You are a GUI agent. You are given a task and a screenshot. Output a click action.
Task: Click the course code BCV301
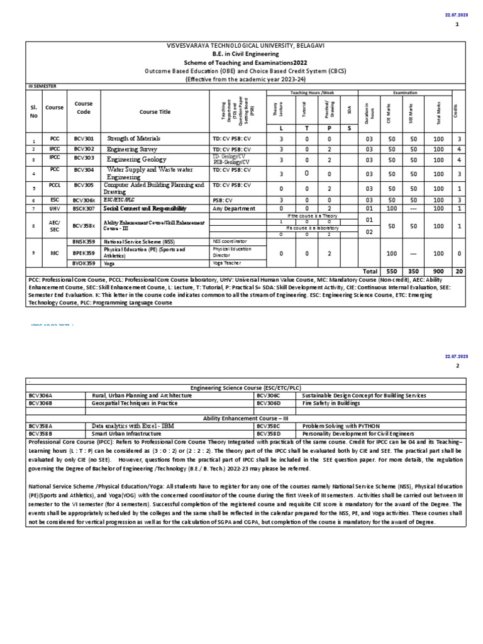[84, 138]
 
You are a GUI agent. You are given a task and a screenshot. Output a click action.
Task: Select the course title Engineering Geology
[136, 160]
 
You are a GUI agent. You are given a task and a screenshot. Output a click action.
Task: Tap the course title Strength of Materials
[134, 138]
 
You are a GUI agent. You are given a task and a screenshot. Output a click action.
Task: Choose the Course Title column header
[155, 112]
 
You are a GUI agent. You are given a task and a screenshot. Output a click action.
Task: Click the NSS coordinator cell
[231, 241]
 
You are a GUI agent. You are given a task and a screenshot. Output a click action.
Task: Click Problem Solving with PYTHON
[341, 426]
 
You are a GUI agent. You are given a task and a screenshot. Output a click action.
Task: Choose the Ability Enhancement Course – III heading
[245, 418]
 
